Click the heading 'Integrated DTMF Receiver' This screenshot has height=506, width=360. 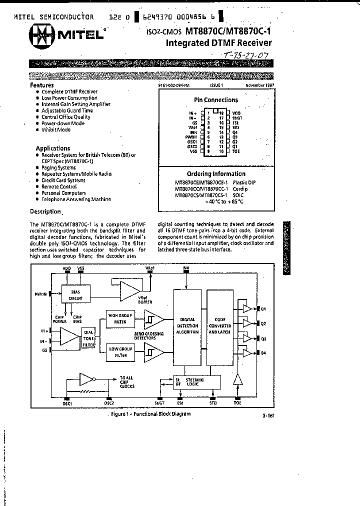tap(219, 43)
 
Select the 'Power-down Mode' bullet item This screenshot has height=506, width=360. tap(63, 123)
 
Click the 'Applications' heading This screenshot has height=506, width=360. tap(52, 148)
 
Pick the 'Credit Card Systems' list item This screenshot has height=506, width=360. tap(63, 180)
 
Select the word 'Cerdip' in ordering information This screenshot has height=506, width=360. tap(239, 189)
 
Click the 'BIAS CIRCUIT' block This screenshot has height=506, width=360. tap(75, 294)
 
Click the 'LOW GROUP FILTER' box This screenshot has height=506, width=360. tap(120, 351)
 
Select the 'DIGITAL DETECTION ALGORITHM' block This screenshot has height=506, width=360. tap(187, 326)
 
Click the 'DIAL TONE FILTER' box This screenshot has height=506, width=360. tap(88, 338)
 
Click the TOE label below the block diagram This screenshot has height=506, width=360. tap(237, 402)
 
